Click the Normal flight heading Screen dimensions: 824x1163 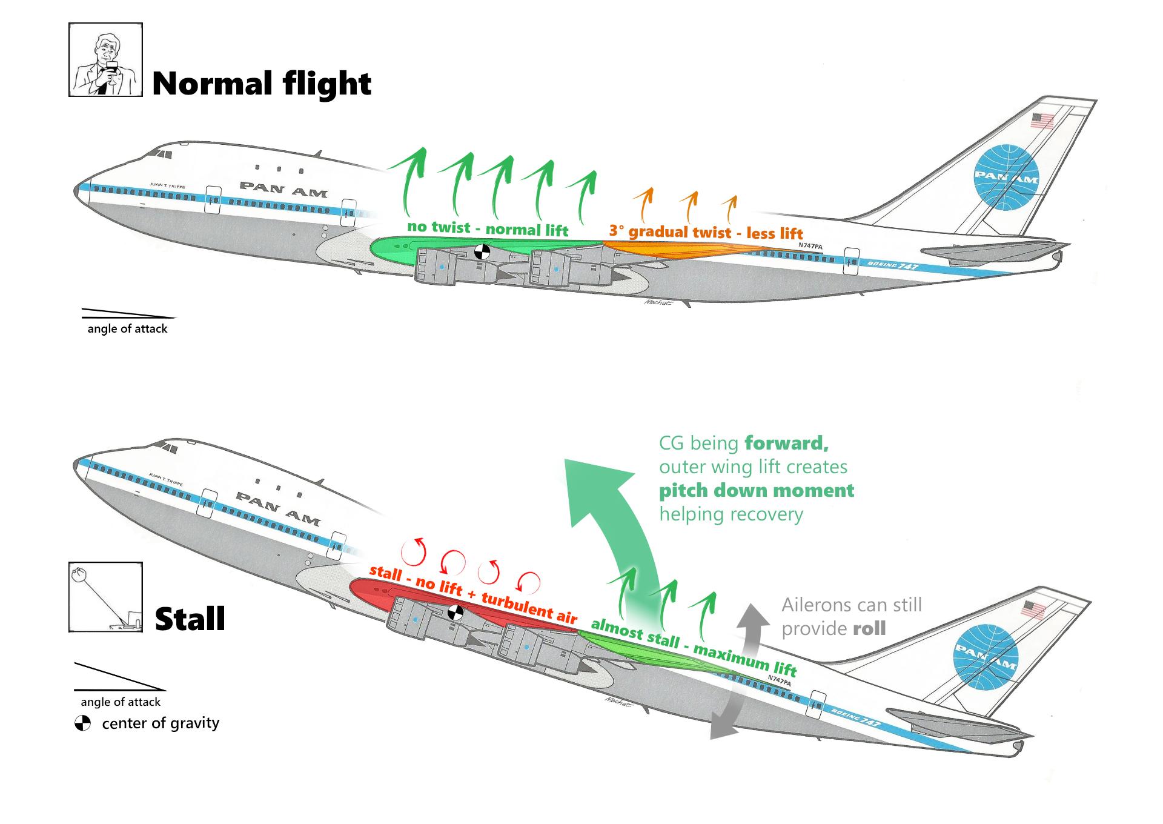pos(261,84)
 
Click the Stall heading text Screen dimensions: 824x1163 pos(190,619)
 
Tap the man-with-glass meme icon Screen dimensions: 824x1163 pos(105,60)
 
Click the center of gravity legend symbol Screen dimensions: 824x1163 pos(82,723)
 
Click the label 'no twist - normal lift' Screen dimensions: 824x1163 pos(488,228)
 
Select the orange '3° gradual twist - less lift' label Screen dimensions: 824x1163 pos(706,232)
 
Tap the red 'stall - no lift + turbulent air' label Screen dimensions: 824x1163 pos(472,594)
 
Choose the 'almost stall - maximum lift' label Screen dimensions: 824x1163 pos(693,647)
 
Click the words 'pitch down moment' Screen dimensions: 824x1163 pos(757,490)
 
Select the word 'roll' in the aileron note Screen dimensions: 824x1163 pos(869,628)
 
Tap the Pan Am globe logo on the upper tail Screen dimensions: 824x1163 pos(1006,176)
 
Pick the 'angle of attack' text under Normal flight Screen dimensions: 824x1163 pos(127,329)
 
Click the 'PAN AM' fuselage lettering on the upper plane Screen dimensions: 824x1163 pos(283,189)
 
